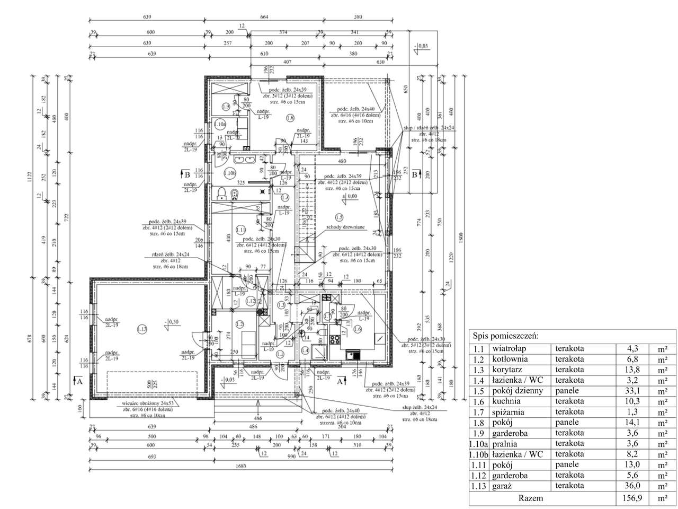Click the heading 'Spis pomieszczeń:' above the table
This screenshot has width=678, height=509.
tap(502, 336)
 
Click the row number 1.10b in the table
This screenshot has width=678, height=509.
tap(479, 454)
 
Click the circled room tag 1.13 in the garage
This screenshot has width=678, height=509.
tap(141, 329)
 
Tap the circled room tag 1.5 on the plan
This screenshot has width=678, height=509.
tap(339, 216)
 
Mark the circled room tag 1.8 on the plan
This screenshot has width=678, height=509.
tap(289, 118)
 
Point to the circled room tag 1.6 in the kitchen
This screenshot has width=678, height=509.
tap(357, 329)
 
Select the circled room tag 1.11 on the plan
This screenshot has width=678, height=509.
tap(240, 230)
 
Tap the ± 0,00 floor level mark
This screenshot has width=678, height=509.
tap(350, 196)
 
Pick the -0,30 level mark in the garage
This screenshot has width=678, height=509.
tap(172, 321)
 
